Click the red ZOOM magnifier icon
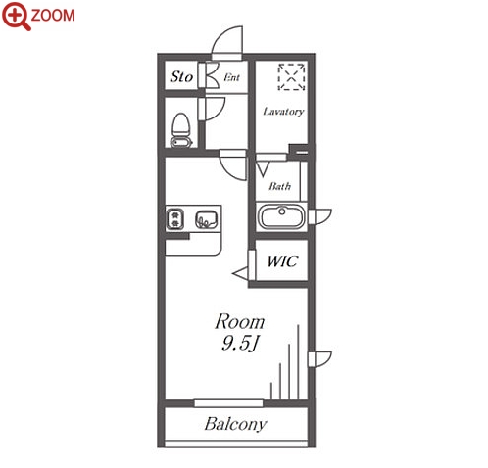point(17,16)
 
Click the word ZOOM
point(53,16)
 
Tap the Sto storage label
point(181,77)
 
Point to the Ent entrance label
point(232,77)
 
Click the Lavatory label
point(283,112)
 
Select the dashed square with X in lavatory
point(291,77)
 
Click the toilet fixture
point(180,130)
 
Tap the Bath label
point(280,186)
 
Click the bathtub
point(281,216)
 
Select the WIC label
point(282,261)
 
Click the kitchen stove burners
point(176,218)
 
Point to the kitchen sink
point(207,219)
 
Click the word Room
point(239,322)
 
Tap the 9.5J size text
point(240,343)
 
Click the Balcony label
point(235,424)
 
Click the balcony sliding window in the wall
point(228,403)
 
